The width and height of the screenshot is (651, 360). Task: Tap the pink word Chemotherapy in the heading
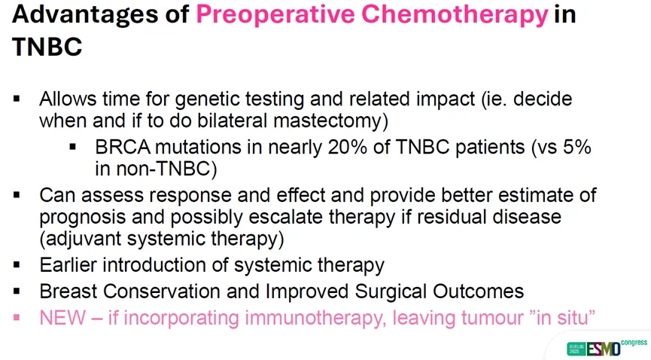(455, 14)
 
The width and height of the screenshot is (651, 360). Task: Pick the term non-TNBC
(166, 169)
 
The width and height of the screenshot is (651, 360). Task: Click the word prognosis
(83, 218)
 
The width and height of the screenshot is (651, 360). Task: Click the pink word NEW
(62, 318)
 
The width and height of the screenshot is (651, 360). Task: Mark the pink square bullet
(17, 318)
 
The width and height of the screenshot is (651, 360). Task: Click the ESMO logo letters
(604, 349)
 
